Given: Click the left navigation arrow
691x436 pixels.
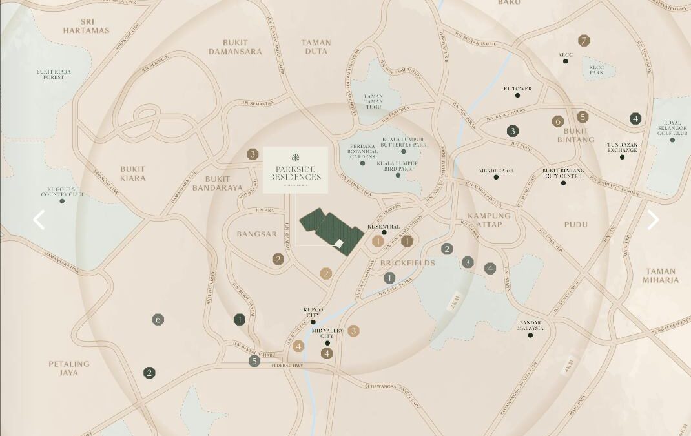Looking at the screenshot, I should point(39,220).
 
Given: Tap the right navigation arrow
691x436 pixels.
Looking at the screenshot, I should point(653,220).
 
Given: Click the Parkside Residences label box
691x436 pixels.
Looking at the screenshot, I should point(295,170).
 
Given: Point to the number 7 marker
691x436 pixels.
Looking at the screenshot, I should point(584,41).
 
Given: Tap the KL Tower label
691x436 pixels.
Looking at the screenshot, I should point(517,88).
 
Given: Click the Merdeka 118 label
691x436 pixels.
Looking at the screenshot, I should point(496,171).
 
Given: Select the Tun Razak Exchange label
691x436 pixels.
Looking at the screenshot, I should point(622,147).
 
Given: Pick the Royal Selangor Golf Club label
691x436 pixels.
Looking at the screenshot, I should point(672,129).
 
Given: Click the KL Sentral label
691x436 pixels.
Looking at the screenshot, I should point(384,227).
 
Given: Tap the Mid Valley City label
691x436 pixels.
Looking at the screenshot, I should point(327,333).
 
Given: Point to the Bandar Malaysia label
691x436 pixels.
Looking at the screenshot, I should point(530,326).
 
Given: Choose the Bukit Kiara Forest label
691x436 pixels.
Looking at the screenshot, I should point(54,74).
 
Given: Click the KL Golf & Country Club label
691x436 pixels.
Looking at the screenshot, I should point(62,192).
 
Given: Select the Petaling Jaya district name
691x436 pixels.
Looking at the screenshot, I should point(69,368).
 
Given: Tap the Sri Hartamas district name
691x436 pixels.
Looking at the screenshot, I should point(87,26).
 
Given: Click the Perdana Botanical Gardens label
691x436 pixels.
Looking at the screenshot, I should point(362,151).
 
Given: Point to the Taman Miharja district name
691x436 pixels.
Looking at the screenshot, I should point(661,276).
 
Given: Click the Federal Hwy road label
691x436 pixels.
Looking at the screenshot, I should point(287,366).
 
